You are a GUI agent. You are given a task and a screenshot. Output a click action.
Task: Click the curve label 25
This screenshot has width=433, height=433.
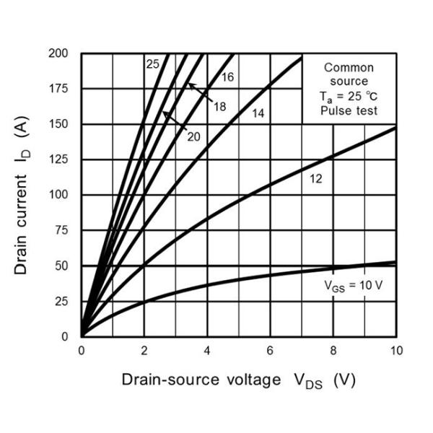pos(152,64)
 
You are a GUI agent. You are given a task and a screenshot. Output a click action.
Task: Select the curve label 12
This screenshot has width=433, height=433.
pos(315,178)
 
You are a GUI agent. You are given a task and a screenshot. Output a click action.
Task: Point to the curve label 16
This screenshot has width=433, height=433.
pos(227,76)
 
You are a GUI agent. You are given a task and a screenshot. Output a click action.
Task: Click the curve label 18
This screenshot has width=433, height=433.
pos(219,107)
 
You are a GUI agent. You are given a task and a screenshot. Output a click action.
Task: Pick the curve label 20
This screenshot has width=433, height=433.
pos(193,136)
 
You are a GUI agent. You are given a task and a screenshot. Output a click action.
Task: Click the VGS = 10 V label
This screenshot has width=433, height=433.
pos(353,285)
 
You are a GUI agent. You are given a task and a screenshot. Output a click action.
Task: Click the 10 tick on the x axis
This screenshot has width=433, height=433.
pos(396,350)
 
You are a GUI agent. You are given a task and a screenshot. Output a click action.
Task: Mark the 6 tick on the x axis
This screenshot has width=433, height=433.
pos(270,350)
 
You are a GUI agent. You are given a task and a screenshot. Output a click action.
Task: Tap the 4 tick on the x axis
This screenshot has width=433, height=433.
pos(207,350)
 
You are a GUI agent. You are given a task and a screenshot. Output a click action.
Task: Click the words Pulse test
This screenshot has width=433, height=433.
pos(349,110)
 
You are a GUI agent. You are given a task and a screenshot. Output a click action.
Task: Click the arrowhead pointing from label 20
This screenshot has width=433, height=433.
pos(165,113)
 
